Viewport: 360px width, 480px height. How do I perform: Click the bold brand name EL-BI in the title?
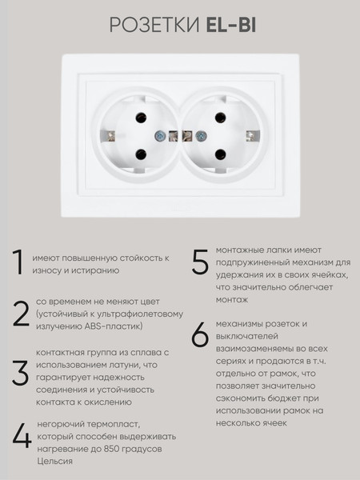[x=231, y=25]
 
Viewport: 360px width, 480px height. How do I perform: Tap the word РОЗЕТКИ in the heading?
[x=154, y=25]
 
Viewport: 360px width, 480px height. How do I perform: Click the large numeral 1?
[x=18, y=262]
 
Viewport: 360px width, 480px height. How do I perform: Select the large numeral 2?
[x=21, y=314]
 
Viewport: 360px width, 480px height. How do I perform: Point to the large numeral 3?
[x=21, y=373]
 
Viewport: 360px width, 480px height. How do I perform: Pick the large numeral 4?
[x=22, y=436]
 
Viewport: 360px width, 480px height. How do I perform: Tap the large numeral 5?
[x=200, y=262]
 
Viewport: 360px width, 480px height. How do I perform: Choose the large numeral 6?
[x=200, y=334]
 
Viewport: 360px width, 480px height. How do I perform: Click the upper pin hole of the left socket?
[x=141, y=118]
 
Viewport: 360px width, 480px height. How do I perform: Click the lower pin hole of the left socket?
[x=141, y=154]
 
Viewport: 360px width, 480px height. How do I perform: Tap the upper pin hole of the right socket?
[x=220, y=118]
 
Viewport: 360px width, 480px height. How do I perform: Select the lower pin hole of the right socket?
[x=220, y=154]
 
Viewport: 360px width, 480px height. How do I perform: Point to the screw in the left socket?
[x=159, y=136]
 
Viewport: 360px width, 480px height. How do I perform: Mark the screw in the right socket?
[x=201, y=136]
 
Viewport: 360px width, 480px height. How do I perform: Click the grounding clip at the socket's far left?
[x=107, y=136]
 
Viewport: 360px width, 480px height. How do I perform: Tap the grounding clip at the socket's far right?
[x=254, y=136]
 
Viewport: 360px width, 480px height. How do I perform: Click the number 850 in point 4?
[x=111, y=449]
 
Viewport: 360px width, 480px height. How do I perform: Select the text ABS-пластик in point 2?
[x=114, y=326]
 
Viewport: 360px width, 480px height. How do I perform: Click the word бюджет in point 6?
[x=283, y=398]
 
